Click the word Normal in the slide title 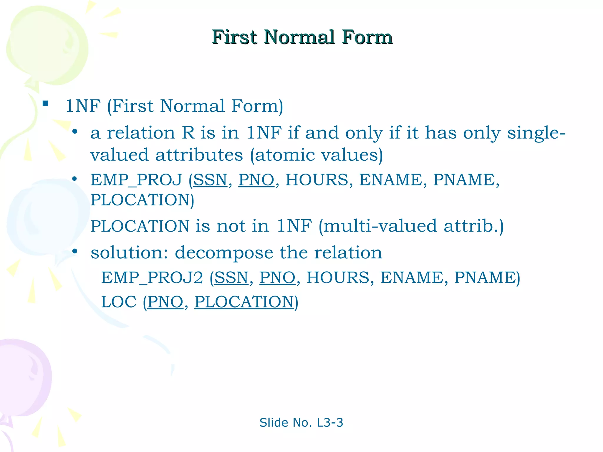(x=299, y=37)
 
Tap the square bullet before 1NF (x=45, y=103)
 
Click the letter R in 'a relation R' (x=188, y=133)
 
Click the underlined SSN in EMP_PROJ (x=210, y=180)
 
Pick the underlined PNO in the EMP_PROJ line (x=256, y=180)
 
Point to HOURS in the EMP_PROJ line (x=317, y=180)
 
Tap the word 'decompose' (x=224, y=252)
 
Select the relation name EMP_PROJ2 (x=152, y=277)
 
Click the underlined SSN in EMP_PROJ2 (x=231, y=277)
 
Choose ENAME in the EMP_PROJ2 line (x=412, y=277)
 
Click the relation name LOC (x=119, y=302)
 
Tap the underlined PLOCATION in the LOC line (x=244, y=302)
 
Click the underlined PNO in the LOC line (x=165, y=302)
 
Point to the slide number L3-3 (x=330, y=423)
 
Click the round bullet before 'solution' (x=75, y=251)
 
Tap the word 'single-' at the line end (x=536, y=133)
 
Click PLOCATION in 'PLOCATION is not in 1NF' (x=140, y=226)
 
